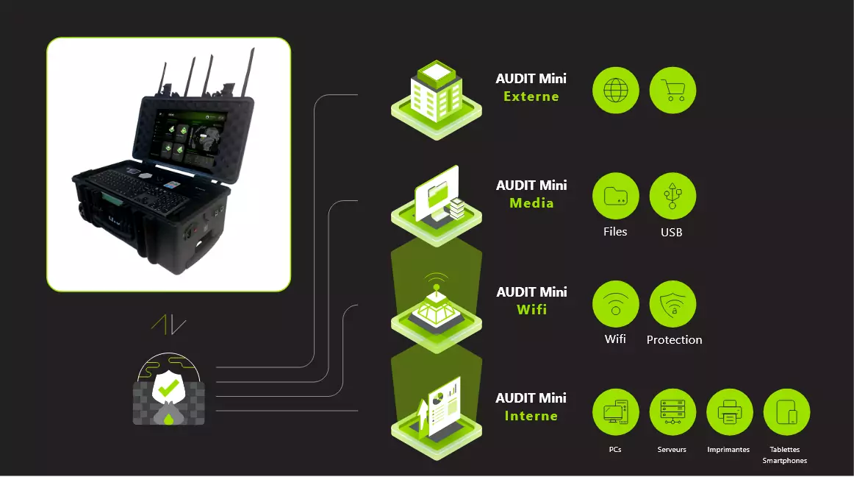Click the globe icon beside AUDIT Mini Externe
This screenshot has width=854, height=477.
coord(615,91)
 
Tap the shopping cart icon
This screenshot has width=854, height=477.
coord(672,91)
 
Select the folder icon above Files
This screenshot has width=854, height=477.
coord(615,197)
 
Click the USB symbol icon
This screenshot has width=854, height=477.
coord(672,197)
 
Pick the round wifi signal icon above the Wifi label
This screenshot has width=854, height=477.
coord(615,303)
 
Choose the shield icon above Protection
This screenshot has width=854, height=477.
coord(672,303)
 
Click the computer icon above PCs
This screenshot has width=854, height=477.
coord(615,411)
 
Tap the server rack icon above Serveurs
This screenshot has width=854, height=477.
coord(672,411)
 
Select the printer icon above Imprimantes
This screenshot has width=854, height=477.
coord(729,411)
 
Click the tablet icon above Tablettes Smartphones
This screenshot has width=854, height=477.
coord(786,411)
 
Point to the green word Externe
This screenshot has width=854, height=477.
coord(531,96)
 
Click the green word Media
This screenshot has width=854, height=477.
coord(531,203)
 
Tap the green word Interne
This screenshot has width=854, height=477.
coord(531,416)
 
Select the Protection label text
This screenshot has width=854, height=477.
coord(674,340)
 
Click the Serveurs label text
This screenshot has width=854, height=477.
coord(672,449)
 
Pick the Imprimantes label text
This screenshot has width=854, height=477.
coord(728,449)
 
